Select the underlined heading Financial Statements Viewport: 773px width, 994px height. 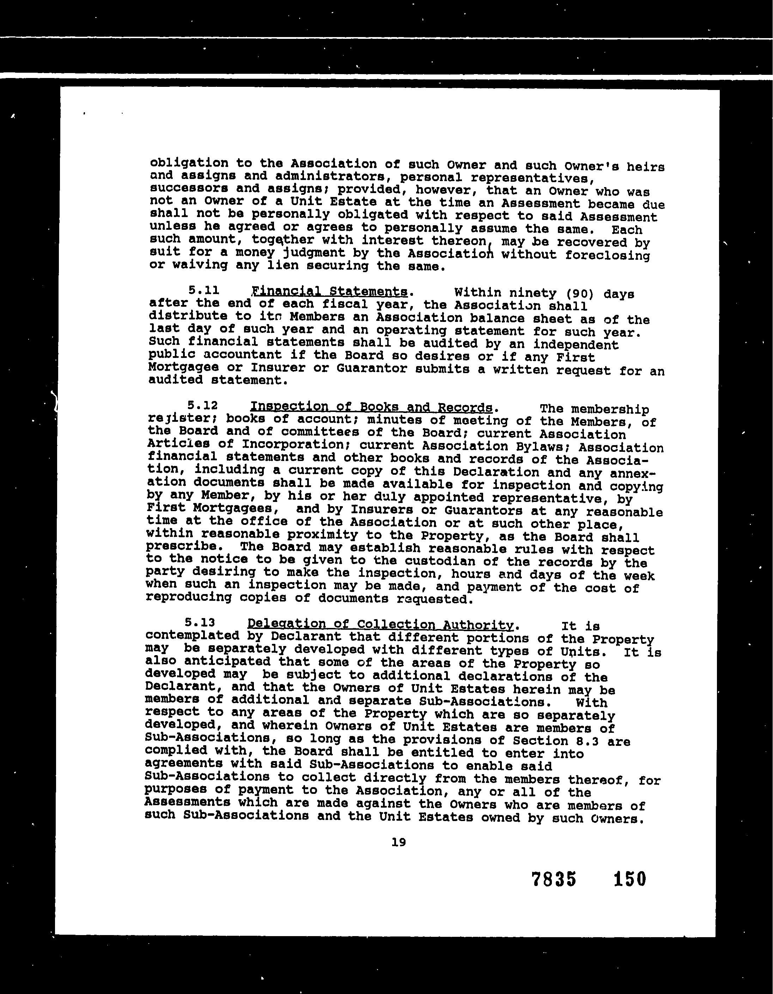(x=330, y=291)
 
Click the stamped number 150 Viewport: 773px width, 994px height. (x=630, y=879)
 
